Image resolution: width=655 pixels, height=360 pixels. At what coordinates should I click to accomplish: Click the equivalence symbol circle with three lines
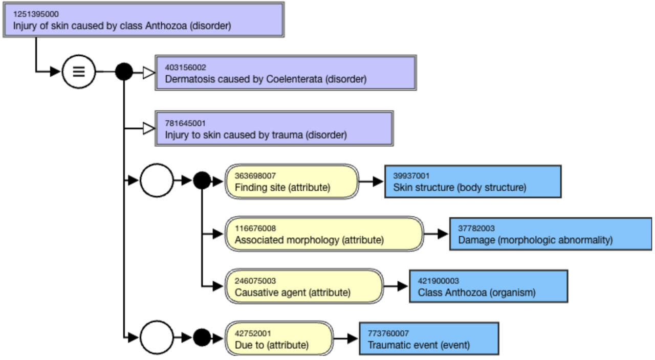pos(78,72)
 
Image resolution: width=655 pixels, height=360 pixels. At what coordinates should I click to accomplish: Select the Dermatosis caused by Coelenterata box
pos(286,73)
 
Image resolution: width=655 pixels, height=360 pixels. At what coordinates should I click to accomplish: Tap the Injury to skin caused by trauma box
pos(274,128)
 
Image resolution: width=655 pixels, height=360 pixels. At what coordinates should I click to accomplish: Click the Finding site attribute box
pos(292,181)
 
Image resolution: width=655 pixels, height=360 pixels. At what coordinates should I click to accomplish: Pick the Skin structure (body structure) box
pos(473,181)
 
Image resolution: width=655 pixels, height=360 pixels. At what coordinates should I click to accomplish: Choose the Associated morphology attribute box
pos(324,234)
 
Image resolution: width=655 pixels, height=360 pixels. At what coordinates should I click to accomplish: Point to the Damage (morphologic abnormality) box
pos(550,234)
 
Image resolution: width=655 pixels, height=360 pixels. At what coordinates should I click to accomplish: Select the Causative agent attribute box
pos(304,286)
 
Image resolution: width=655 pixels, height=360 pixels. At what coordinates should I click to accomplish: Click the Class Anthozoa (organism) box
pos(488,286)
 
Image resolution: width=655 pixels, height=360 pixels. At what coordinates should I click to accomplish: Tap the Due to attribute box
pos(279,339)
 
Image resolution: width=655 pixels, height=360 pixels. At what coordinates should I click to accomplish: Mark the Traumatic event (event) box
pos(429,339)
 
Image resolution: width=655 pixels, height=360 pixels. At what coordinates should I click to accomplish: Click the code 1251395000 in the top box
pos(36,14)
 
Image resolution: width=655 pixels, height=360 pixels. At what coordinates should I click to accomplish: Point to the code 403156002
pos(185,67)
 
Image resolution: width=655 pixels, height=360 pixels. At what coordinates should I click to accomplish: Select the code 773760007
pos(388,333)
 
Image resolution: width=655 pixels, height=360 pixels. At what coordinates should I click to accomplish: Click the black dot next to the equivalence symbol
pos(124,72)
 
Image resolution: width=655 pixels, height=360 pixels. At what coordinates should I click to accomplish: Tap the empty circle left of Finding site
pos(157,181)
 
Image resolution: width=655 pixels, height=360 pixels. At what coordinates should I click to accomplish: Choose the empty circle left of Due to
pos(157,337)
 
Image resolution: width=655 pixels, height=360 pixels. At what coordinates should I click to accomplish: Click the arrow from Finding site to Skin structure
pos(372,181)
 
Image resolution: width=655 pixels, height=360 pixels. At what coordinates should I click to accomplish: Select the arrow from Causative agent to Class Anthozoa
pos(396,286)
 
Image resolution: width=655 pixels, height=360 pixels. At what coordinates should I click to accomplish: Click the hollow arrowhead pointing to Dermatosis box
pos(148,73)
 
